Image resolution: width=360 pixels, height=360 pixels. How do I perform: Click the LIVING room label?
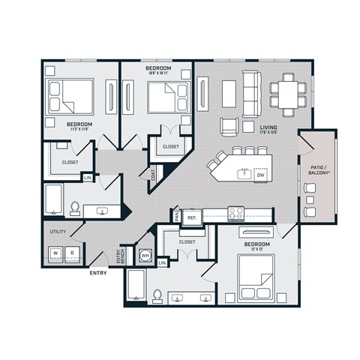point(268,127)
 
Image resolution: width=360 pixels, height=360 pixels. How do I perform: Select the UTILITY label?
point(58,232)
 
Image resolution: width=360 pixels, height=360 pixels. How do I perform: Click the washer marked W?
point(55,253)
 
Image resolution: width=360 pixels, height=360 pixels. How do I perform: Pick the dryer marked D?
point(72,253)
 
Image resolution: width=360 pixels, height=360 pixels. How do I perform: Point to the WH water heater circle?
point(145,256)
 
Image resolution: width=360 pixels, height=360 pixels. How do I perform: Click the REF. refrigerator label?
point(192,217)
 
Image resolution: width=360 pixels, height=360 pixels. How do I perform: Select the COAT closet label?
point(153,177)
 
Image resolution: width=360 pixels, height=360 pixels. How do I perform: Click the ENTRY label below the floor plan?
point(97,273)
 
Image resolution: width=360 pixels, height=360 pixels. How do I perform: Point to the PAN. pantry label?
point(177,216)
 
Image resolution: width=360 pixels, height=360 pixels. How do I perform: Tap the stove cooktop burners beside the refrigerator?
point(235,214)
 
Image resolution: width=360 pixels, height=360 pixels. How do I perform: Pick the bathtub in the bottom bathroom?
point(136,287)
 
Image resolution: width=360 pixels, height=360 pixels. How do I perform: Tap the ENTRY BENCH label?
point(120,256)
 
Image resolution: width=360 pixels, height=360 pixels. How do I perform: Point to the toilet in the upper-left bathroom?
point(74,205)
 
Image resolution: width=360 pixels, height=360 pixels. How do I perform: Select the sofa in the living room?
point(249,90)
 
